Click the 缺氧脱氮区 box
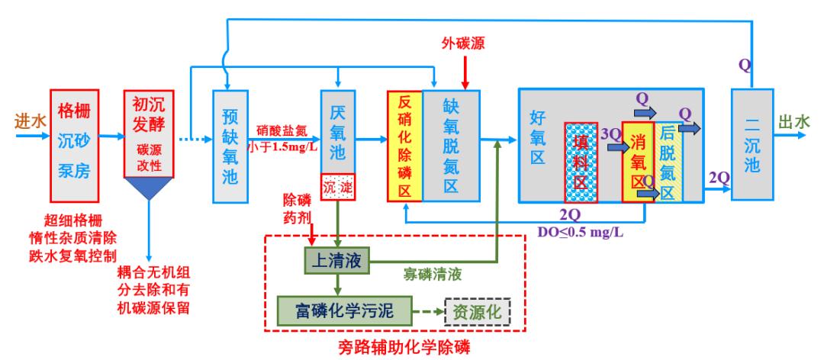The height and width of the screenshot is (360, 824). point(452,145)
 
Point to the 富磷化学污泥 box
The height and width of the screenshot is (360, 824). point(344,311)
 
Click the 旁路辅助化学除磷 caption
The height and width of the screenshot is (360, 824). point(404,347)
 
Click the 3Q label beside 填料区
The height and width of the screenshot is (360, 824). point(610,133)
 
